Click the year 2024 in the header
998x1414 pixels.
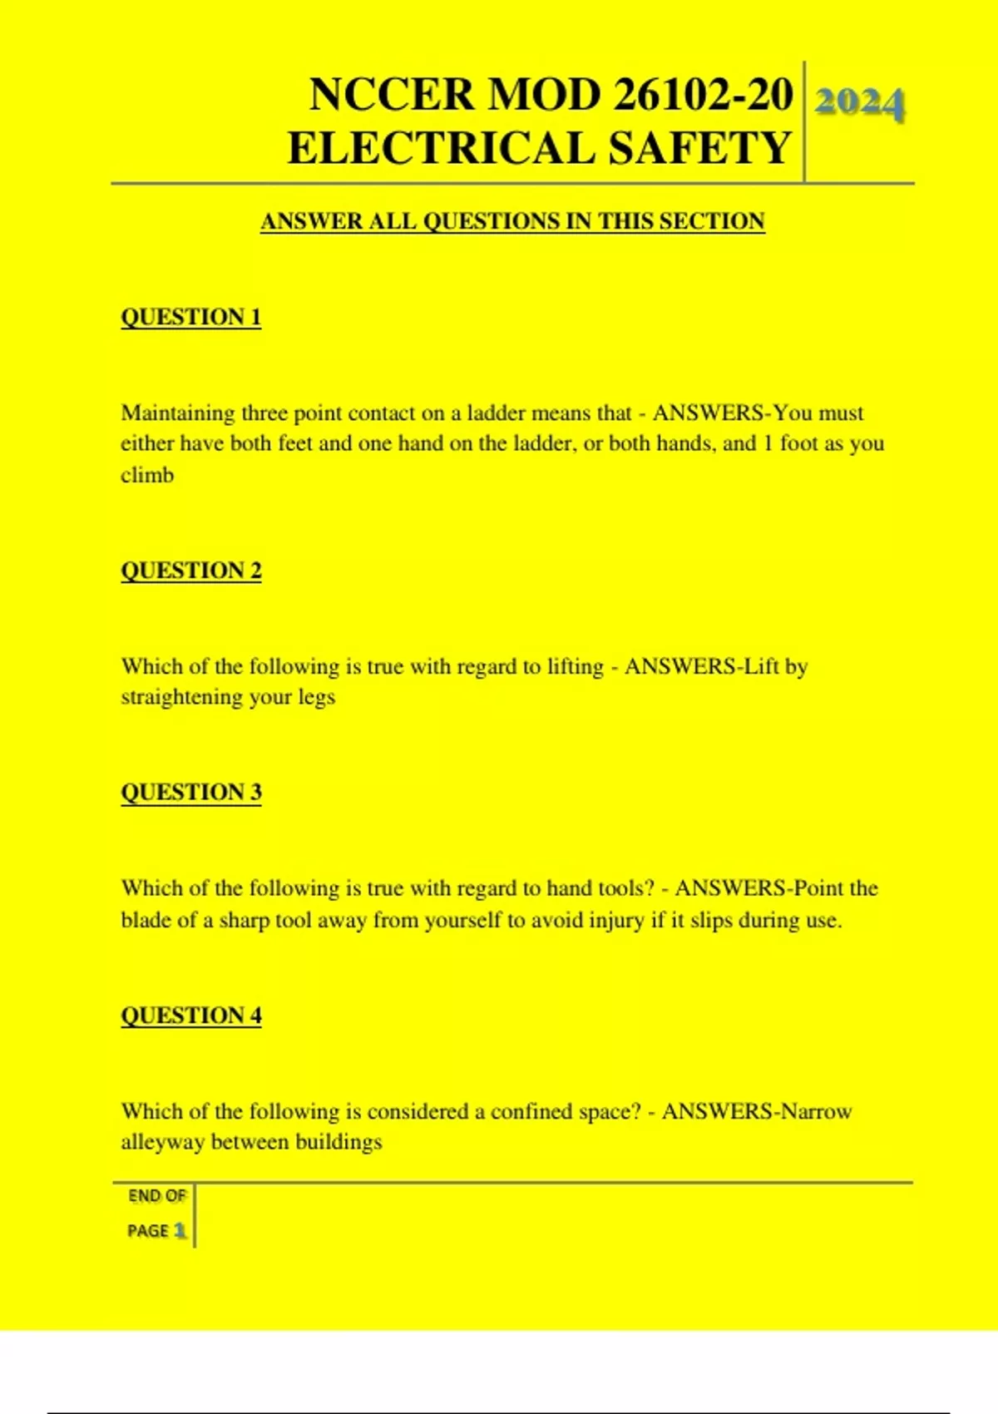click(859, 103)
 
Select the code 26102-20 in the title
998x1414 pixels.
click(703, 94)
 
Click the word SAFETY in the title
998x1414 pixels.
click(699, 148)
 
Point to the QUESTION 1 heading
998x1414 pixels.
click(191, 317)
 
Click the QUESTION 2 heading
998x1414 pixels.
click(191, 571)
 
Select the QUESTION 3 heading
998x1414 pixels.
click(191, 792)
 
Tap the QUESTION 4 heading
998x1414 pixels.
click(191, 1016)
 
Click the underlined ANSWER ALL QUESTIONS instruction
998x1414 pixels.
click(512, 221)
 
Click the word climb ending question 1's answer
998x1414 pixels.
click(147, 475)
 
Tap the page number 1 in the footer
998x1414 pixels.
click(180, 1230)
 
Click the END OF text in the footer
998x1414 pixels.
click(157, 1196)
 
